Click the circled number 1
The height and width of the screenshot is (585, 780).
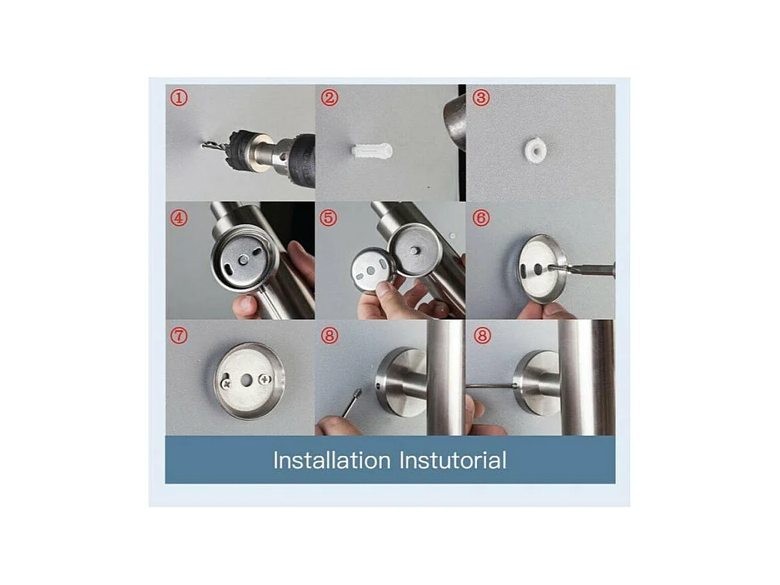click(x=179, y=97)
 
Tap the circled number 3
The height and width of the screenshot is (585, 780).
click(x=481, y=97)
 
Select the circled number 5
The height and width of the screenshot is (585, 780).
click(x=329, y=217)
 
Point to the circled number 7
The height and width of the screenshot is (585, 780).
click(x=179, y=335)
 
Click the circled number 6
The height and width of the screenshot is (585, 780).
click(x=481, y=217)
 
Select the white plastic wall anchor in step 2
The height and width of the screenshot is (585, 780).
click(x=372, y=150)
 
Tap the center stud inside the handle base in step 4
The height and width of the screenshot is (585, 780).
click(x=244, y=259)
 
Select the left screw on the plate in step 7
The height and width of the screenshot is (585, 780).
click(x=227, y=384)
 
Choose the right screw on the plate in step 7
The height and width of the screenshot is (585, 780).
click(x=264, y=381)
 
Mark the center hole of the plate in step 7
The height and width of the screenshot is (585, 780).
click(x=246, y=381)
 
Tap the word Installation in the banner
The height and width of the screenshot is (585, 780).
click(x=332, y=460)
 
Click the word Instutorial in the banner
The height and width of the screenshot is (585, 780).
click(x=453, y=460)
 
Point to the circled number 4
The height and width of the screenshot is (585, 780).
click(x=179, y=217)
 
